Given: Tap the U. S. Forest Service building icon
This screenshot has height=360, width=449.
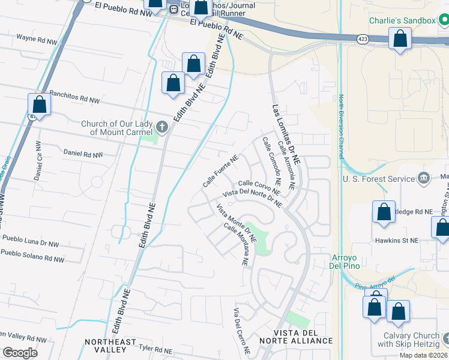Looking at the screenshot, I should (x=424, y=178).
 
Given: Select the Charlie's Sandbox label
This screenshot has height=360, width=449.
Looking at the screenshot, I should (x=402, y=21).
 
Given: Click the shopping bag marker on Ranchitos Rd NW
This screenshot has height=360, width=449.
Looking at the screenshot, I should (x=39, y=105).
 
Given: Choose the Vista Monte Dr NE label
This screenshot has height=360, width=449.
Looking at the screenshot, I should (x=236, y=223).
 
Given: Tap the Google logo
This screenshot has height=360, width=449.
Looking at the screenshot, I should (x=20, y=353).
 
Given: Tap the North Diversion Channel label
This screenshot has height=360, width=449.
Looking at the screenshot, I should (x=340, y=123).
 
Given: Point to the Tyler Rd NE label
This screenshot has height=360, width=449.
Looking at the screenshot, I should (x=155, y=348).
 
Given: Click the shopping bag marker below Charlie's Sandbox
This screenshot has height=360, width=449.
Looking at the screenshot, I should (x=400, y=40).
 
